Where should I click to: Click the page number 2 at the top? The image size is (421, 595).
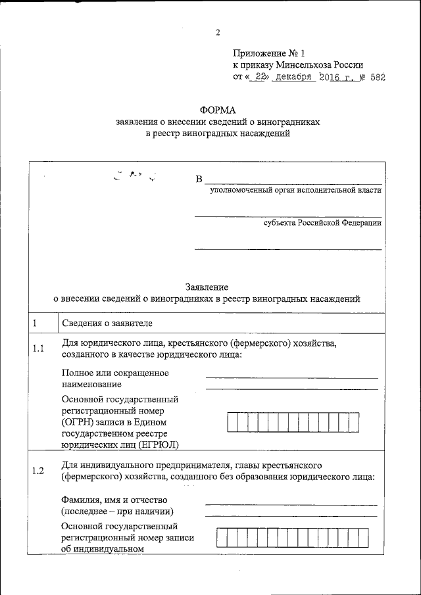[x=217, y=34]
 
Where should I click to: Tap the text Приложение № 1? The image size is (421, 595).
[x=270, y=53]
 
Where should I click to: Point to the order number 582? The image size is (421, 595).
[x=377, y=77]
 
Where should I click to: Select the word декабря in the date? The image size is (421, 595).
[x=293, y=77]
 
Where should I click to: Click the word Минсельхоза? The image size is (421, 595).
[x=302, y=64]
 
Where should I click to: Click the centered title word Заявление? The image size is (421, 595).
[x=207, y=287]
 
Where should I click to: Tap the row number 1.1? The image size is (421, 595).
[x=38, y=349]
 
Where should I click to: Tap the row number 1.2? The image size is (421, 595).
[x=38, y=470]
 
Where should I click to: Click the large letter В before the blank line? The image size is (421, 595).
[x=199, y=179]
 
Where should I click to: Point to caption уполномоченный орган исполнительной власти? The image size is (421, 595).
[x=295, y=191]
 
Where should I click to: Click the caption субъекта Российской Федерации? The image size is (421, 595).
[x=322, y=223]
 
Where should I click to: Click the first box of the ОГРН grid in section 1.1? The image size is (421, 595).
[x=232, y=422]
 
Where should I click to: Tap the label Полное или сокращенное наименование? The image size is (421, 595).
[x=115, y=378]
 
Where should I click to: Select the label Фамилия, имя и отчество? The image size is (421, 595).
[x=115, y=500]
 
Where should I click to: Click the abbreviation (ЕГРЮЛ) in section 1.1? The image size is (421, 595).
[x=158, y=445]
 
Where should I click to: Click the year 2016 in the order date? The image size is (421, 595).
[x=333, y=77]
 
